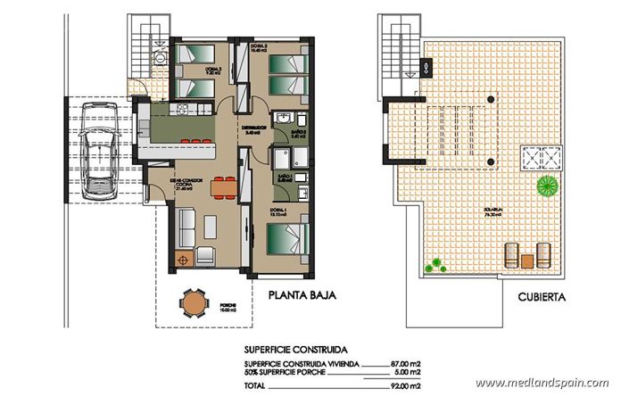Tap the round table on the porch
(x=193, y=303)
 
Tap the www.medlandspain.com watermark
(x=542, y=384)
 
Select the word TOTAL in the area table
(x=256, y=385)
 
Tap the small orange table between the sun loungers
(x=527, y=260)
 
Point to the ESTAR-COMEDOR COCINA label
(x=188, y=183)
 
